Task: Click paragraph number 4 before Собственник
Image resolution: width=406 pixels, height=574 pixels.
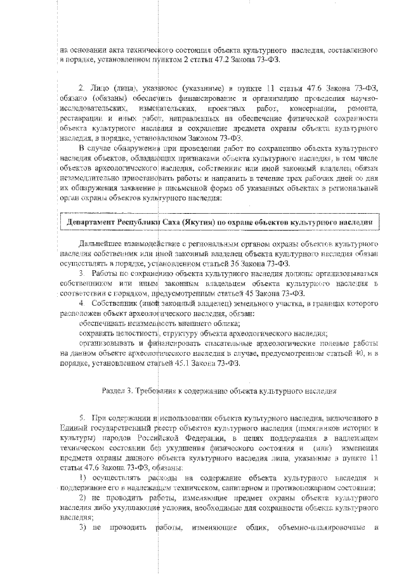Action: (81, 304)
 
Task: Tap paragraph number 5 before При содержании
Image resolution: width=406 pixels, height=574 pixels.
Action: (81, 419)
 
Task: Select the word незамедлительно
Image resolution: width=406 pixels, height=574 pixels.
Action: (90, 179)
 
